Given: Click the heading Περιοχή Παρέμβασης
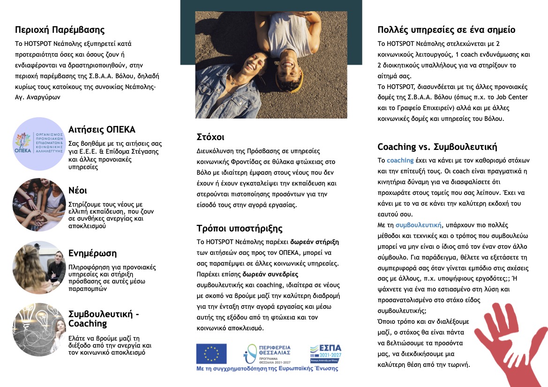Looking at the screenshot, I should click(60, 30).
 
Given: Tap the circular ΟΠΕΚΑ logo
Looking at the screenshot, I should click(38, 144).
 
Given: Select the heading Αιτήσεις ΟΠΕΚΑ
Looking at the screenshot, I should click(102, 129).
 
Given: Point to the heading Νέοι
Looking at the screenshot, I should click(78, 190).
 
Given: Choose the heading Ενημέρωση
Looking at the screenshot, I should click(92, 253).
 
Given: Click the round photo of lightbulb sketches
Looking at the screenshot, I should click(38, 329).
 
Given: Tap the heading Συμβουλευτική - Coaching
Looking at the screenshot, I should click(104, 319).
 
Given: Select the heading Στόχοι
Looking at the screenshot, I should click(210, 137).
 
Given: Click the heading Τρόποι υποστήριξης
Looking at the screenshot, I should click(240, 229).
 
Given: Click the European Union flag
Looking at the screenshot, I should click(211, 353).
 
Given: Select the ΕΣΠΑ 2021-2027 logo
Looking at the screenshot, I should click(326, 354).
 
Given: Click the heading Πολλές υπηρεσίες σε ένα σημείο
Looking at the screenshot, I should click(446, 30).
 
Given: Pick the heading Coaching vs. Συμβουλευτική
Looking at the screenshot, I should click(437, 146).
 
